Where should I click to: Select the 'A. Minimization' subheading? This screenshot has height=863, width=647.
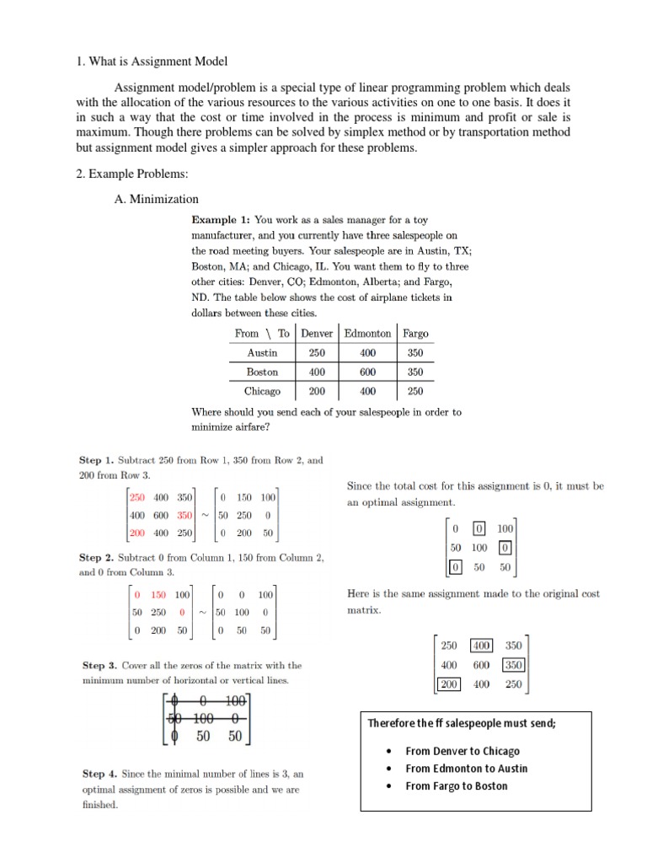(x=156, y=199)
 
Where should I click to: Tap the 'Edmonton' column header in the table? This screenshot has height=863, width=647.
(x=367, y=333)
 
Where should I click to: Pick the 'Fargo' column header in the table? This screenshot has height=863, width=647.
(x=415, y=333)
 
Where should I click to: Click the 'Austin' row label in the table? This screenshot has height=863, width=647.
(x=262, y=353)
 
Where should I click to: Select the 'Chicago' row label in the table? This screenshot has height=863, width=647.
(x=262, y=391)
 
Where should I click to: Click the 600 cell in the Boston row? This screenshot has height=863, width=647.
(x=367, y=372)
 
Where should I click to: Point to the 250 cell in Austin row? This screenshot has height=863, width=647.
(x=317, y=353)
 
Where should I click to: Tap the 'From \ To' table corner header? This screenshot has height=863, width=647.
(x=262, y=333)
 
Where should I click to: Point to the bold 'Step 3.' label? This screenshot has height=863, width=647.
(x=99, y=665)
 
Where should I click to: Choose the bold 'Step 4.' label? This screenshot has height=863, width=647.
(x=99, y=774)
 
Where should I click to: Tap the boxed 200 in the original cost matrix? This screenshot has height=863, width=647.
(x=449, y=684)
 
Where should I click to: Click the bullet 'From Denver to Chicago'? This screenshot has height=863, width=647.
(x=463, y=751)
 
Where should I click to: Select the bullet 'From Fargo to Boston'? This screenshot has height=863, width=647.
(x=457, y=785)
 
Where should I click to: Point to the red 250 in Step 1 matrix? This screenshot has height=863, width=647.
(x=137, y=497)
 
